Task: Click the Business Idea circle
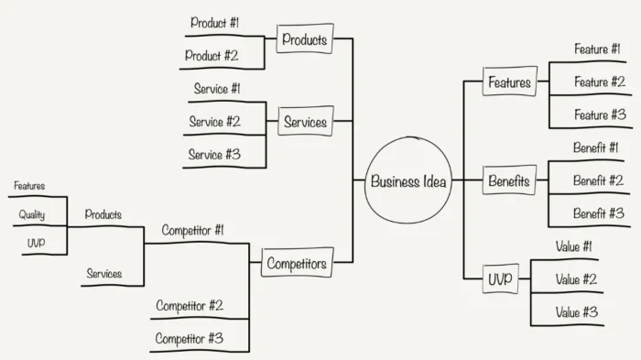(x=408, y=180)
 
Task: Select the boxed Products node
(x=305, y=38)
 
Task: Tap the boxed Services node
(x=305, y=122)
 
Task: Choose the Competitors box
(x=296, y=264)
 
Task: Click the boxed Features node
(x=509, y=82)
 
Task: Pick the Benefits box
(x=508, y=180)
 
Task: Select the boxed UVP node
(x=499, y=278)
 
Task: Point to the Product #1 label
(x=214, y=22)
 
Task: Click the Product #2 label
(x=212, y=55)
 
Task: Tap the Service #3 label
(x=214, y=154)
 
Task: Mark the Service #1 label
(x=217, y=89)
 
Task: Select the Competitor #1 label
(x=192, y=230)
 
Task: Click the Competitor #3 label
(x=189, y=338)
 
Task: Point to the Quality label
(x=31, y=215)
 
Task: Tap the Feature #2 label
(x=600, y=82)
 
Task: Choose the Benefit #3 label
(x=599, y=213)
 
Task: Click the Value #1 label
(x=574, y=245)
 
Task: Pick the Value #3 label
(x=576, y=311)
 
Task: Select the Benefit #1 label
(x=596, y=147)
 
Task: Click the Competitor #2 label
(x=189, y=305)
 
